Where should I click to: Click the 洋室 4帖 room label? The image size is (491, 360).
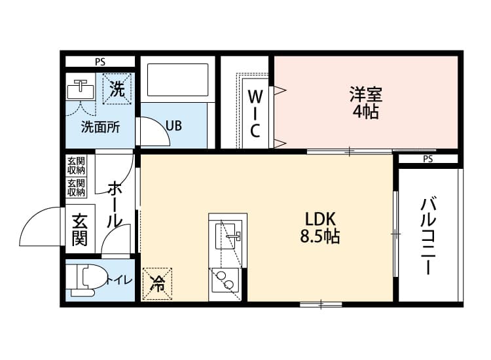click(x=365, y=103)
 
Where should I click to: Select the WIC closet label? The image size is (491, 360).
click(x=255, y=113)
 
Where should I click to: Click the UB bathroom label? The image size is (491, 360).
click(x=173, y=125)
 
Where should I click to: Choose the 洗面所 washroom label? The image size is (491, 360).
click(x=100, y=127)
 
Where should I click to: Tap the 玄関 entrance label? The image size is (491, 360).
click(x=79, y=229)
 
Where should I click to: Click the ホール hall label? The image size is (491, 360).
click(x=113, y=205)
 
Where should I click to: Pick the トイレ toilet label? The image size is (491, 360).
click(x=120, y=281)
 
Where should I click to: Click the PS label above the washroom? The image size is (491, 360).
click(x=100, y=63)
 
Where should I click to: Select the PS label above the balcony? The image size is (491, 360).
click(x=427, y=159)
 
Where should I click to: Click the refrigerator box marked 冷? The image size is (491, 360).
click(x=158, y=283)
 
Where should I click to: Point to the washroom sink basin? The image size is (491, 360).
click(x=79, y=88)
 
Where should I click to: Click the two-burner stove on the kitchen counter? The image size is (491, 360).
click(x=226, y=281)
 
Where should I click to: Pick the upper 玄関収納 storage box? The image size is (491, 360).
click(x=76, y=165)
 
